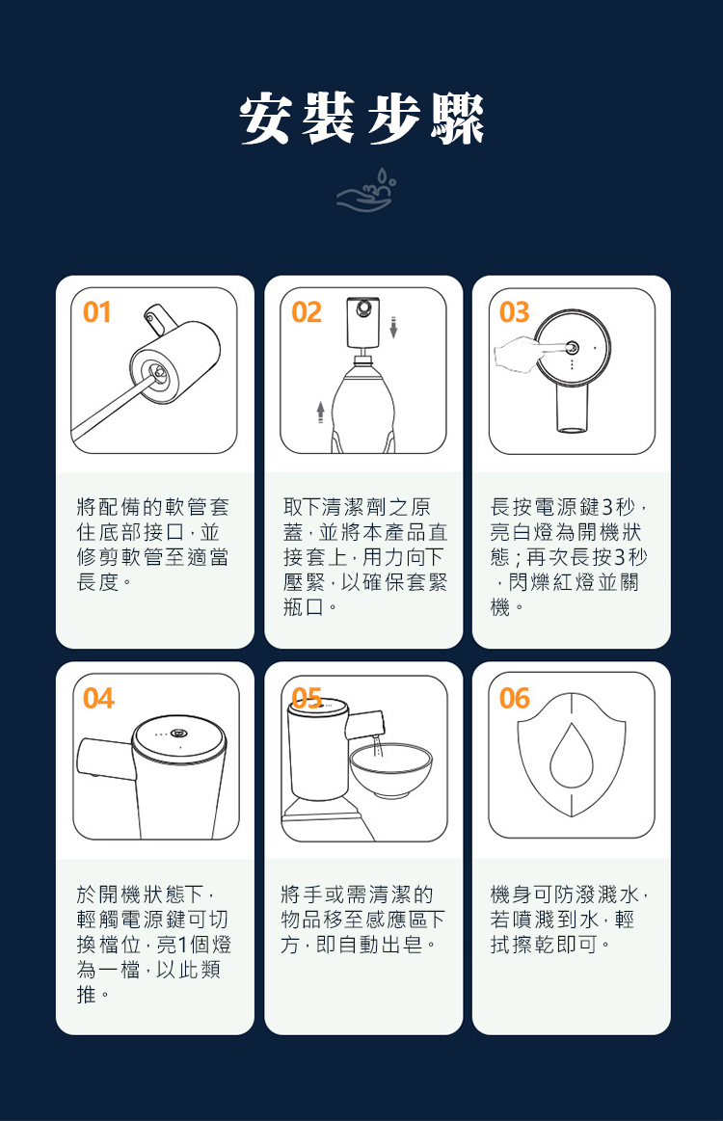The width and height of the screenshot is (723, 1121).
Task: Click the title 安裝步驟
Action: (x=361, y=119)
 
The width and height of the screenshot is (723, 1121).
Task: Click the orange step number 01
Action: (x=97, y=312)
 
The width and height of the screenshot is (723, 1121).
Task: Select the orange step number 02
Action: (x=307, y=312)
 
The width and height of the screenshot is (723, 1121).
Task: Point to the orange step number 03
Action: (x=514, y=312)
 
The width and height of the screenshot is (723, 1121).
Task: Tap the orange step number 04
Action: (x=98, y=699)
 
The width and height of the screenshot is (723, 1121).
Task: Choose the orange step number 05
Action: (x=307, y=698)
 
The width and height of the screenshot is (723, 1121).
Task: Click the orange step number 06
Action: (x=515, y=699)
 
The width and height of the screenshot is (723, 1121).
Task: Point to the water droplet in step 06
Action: (x=572, y=756)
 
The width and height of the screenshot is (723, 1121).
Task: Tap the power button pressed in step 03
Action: (x=572, y=347)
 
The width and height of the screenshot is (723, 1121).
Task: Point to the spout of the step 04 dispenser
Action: (x=104, y=760)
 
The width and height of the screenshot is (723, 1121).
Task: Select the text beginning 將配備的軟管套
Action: (x=153, y=545)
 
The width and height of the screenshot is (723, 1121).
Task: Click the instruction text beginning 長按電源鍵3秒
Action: (x=570, y=558)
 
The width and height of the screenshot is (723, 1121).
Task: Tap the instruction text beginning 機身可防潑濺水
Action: (x=570, y=920)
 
